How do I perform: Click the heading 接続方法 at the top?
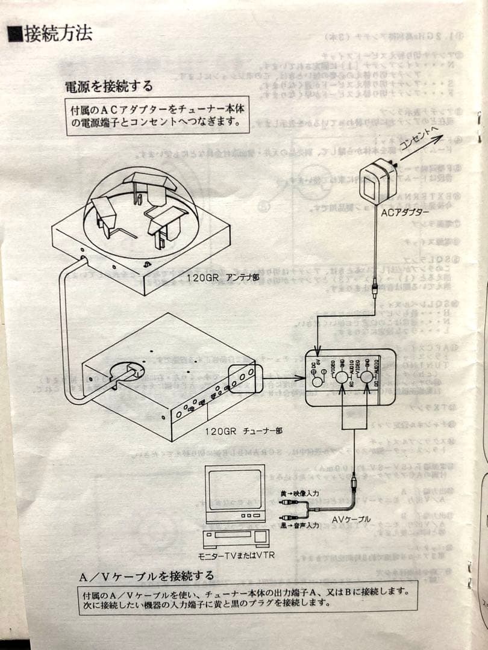58,34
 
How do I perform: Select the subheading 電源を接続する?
108,86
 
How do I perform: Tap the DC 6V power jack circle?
317,382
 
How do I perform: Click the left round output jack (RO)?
342,379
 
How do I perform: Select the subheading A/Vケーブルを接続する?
146,576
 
